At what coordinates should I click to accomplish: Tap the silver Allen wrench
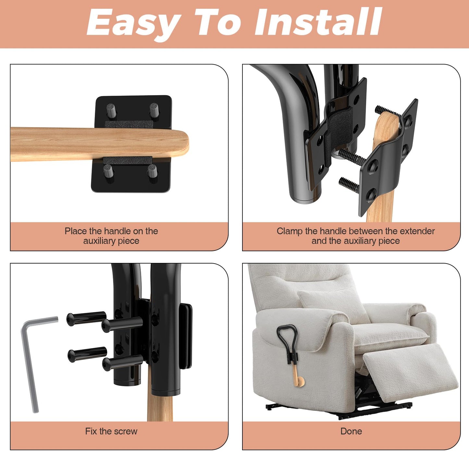pos(30,364)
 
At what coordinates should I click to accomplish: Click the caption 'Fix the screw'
pos(111,431)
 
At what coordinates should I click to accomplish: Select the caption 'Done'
pos(351,431)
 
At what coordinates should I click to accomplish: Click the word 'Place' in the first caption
pos(76,231)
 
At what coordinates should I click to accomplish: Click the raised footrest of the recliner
pos(409,367)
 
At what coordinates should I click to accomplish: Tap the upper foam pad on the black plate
pos(129,124)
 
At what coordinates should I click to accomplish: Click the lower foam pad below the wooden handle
pos(128,160)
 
